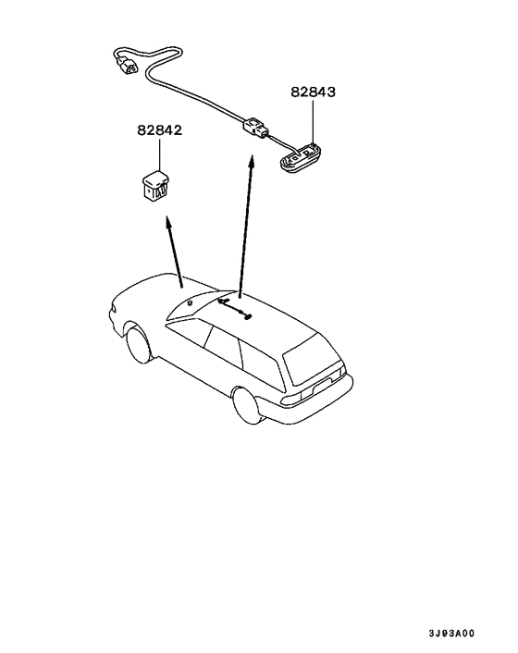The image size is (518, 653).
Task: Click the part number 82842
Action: click(160, 130)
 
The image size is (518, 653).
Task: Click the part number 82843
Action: click(313, 92)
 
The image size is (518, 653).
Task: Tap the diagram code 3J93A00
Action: click(451, 634)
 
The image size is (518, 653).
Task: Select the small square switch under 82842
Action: click(155, 186)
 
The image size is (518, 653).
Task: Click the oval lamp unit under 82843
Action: click(300, 159)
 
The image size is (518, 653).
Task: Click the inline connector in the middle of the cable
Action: click(254, 128)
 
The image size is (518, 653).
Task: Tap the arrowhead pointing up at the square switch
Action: click(168, 223)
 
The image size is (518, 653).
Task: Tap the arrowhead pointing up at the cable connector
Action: click(251, 163)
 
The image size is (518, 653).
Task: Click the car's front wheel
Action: click(139, 345)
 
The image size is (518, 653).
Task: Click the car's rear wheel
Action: click(247, 405)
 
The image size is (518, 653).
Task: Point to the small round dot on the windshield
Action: click(190, 302)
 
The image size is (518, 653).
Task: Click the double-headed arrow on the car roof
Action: click(234, 309)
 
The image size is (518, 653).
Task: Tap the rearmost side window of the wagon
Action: click(261, 363)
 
